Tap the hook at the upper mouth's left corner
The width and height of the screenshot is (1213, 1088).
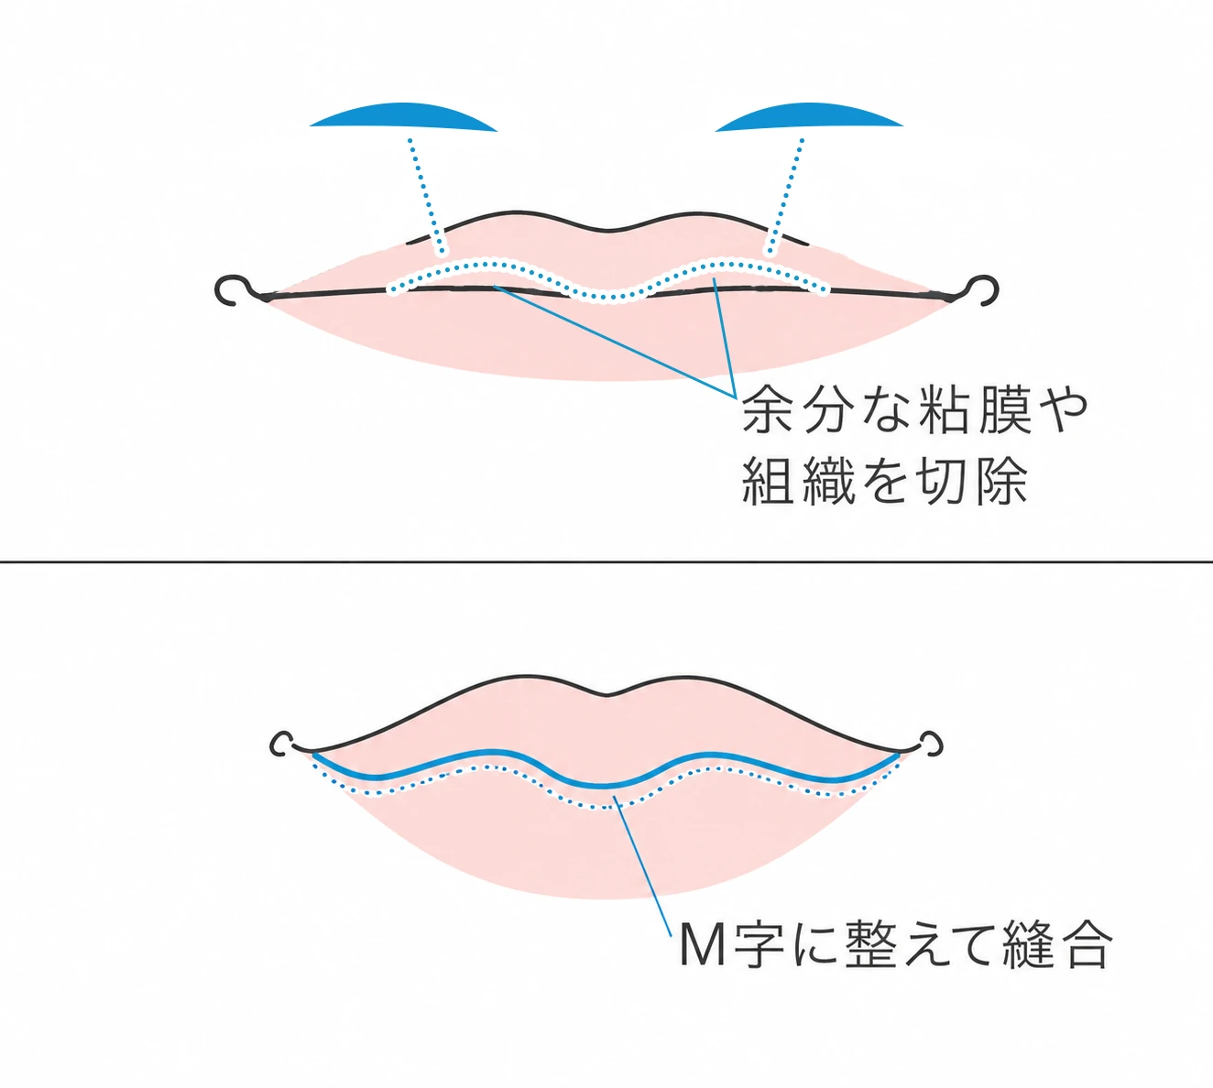tap(235, 290)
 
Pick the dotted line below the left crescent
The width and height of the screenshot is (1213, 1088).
tap(426, 196)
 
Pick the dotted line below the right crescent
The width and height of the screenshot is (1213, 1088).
tap(786, 196)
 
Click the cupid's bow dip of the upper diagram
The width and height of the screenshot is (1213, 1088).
tap(606, 230)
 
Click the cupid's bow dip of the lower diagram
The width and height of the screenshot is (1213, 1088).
tap(606, 695)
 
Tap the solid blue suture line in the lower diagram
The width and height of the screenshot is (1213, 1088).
tap(606, 785)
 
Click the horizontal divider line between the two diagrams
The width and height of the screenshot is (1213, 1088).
tap(606, 562)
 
